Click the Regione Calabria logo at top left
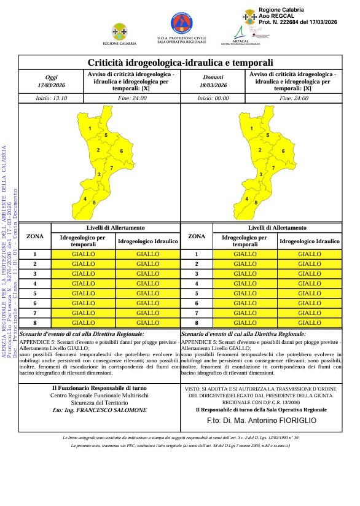[x=119, y=31]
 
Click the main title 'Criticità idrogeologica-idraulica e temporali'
[x=180, y=63]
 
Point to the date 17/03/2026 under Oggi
[x=50, y=85]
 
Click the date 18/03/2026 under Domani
[x=214, y=85]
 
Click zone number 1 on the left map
[x=90, y=128]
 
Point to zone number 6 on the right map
[x=283, y=151]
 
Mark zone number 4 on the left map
[x=85, y=198]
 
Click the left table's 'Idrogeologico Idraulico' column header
[x=148, y=242]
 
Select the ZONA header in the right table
[x=196, y=236]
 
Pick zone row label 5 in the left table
[x=34, y=293]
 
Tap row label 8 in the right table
[x=196, y=322]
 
